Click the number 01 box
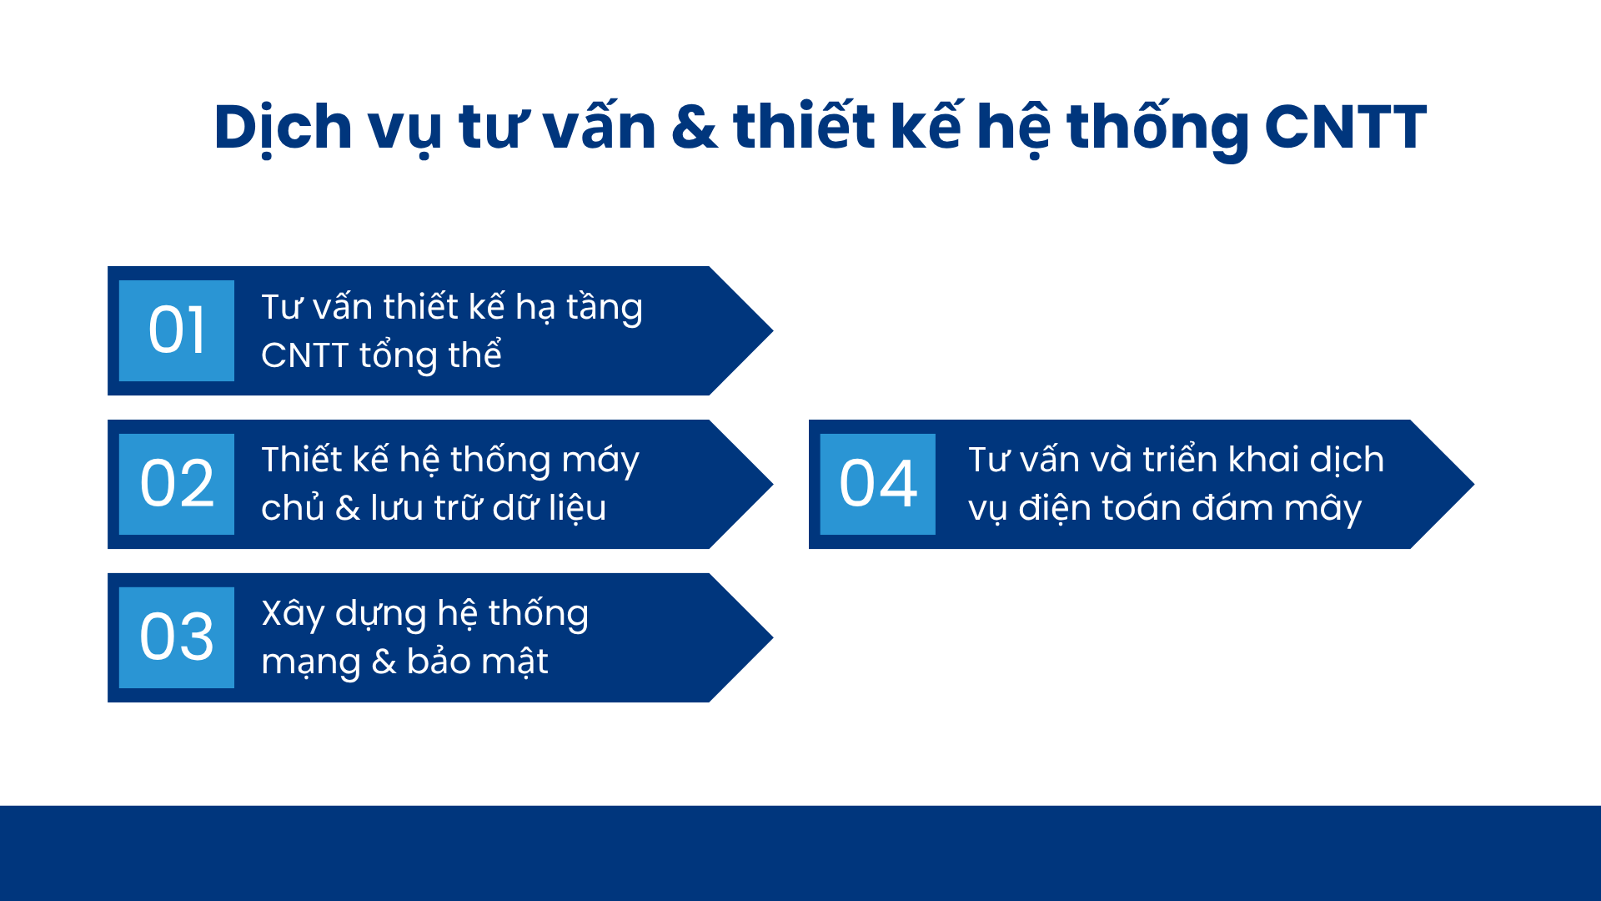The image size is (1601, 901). pos(177,330)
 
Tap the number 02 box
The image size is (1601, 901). pos(177,484)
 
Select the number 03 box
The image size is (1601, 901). pos(177,637)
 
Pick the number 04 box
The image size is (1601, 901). pos(878,484)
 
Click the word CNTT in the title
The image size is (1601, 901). pos(1345,128)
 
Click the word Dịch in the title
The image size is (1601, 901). pos(283,129)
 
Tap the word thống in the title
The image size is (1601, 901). pos(1157,129)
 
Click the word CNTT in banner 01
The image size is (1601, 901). pos(304,355)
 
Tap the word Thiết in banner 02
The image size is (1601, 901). pos(301,460)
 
